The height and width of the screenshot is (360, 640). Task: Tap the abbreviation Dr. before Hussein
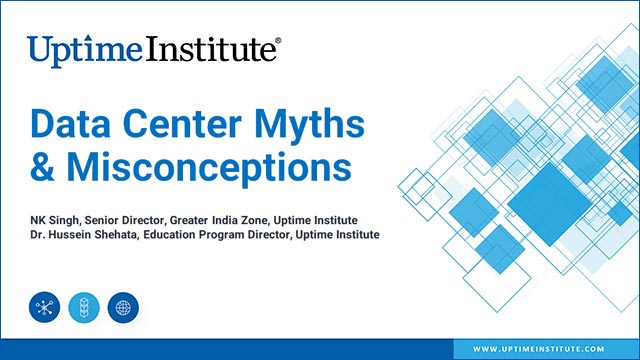36,234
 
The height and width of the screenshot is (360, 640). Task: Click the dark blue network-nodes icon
44,306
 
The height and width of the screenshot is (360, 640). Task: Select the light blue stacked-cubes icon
84,306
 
